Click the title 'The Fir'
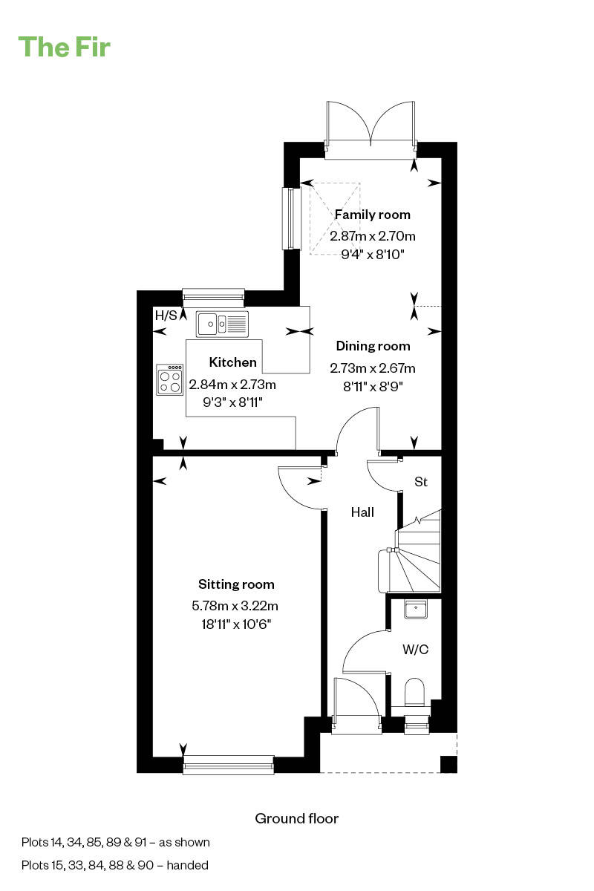click(x=65, y=47)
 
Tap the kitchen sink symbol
click(x=222, y=323)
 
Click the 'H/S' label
click(x=166, y=316)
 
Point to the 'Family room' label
click(x=373, y=215)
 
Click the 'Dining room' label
click(x=373, y=346)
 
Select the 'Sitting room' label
click(x=236, y=584)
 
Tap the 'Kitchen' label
click(x=233, y=362)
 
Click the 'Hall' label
click(x=362, y=512)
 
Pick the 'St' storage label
click(x=421, y=482)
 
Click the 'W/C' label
click(x=415, y=649)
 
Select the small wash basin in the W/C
click(x=414, y=610)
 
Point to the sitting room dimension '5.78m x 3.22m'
click(x=235, y=606)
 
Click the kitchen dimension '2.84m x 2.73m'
click(x=232, y=385)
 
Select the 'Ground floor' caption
click(x=296, y=818)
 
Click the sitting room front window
click(x=229, y=764)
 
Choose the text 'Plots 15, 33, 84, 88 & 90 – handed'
click(x=115, y=864)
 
